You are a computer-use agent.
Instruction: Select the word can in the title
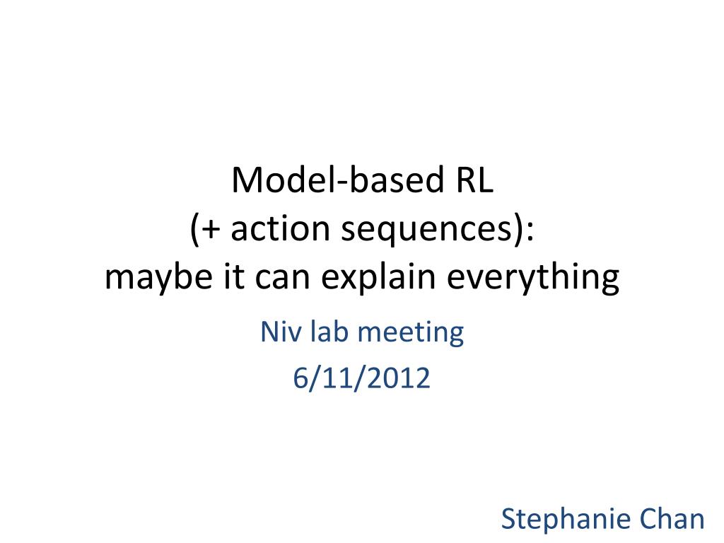283,278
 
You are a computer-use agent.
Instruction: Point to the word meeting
411,334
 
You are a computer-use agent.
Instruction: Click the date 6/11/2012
361,379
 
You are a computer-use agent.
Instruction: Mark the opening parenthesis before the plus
194,230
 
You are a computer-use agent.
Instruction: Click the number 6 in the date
300,379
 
